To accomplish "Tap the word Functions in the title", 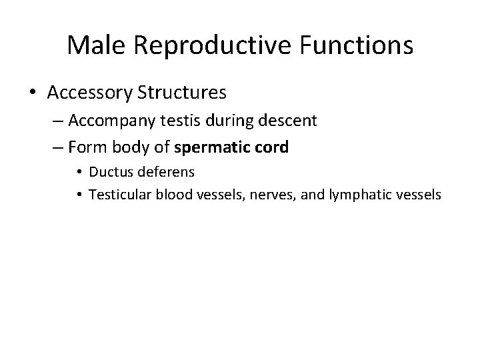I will tap(355, 46).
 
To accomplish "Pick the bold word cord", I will tap(273, 147).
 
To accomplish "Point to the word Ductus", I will tap(111, 172).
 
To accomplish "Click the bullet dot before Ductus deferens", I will tap(79, 173).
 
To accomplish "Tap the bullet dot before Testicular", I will tap(79, 195).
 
